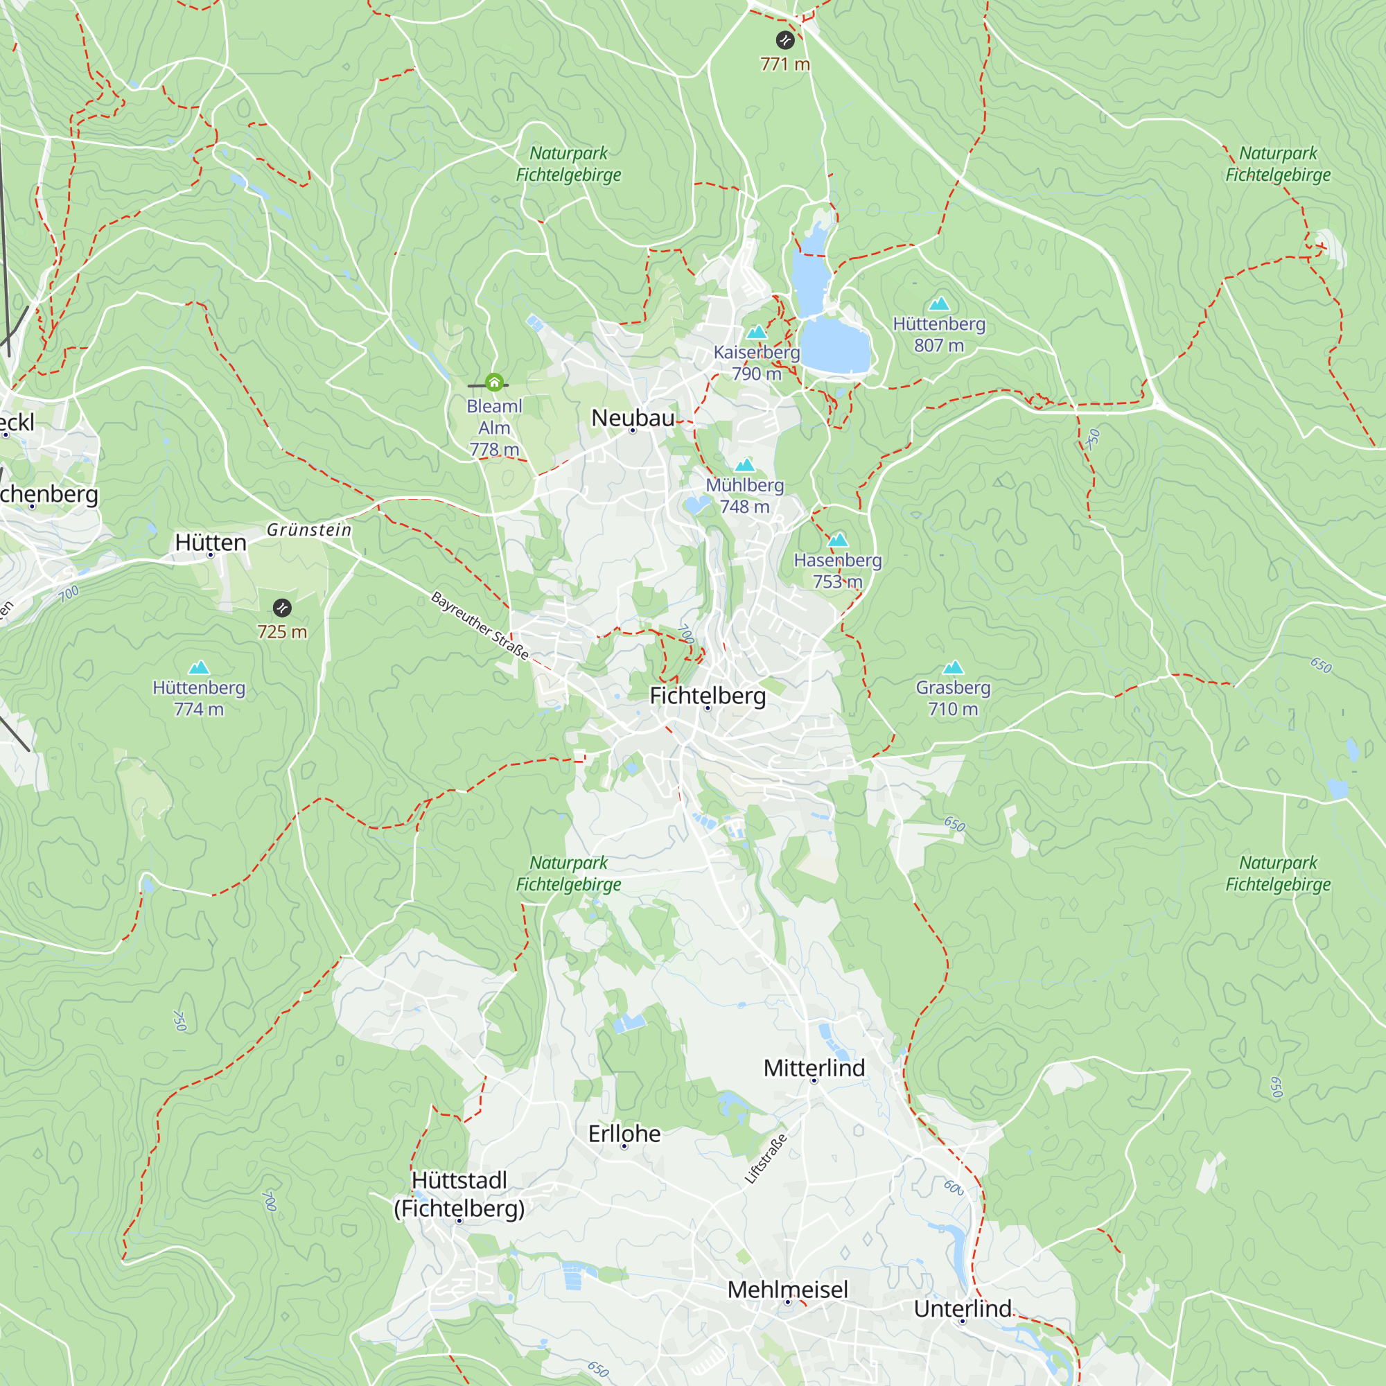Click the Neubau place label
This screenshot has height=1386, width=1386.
pos(633,419)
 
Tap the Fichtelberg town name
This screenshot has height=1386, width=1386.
pos(708,696)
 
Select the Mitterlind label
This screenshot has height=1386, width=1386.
pos(814,1068)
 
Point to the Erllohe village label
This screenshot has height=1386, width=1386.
pos(624,1134)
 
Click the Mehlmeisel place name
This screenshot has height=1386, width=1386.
pos(788,1290)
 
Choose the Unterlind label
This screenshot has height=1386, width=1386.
pos(963,1308)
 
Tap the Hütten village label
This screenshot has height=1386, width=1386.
pos(211,543)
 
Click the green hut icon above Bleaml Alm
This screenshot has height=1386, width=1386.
pos(494,383)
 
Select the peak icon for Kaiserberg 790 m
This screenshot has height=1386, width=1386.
pos(757,332)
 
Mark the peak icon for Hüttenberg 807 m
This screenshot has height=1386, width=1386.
pos(939,304)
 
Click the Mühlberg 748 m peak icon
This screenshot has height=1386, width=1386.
pos(745,466)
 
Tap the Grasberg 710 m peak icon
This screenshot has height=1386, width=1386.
pos(953,668)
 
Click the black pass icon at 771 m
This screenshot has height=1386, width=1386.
pos(785,40)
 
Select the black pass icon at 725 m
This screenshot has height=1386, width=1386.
pos(282,608)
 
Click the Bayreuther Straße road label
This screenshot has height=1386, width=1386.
pos(480,626)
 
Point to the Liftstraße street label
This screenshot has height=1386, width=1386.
pos(766,1159)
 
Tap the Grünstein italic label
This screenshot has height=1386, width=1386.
pos(309,530)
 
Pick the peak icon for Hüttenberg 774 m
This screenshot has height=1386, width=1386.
pos(199,668)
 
